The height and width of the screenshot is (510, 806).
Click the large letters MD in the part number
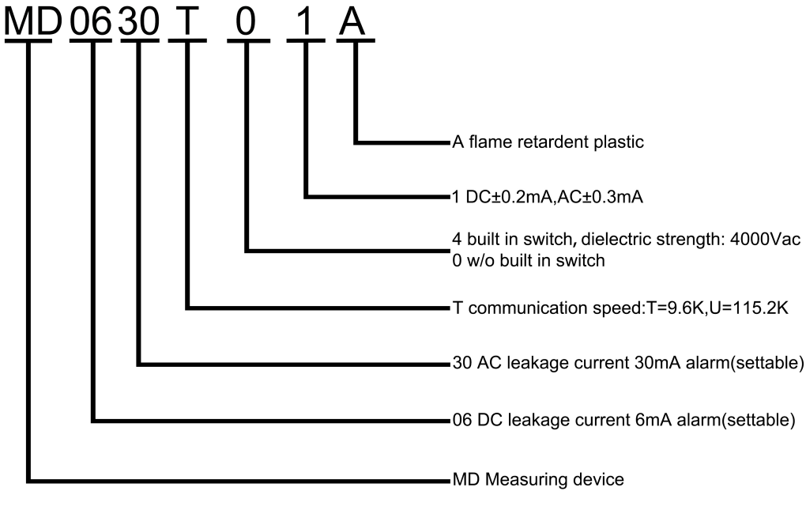32,21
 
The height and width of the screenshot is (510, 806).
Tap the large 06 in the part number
91,21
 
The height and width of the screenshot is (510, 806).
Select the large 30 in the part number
139,21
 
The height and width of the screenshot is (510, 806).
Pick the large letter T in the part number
188,21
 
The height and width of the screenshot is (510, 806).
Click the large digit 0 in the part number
247,21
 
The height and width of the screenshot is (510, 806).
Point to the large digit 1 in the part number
305,21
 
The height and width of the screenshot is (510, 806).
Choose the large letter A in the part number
352,21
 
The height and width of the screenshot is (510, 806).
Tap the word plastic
621,143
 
